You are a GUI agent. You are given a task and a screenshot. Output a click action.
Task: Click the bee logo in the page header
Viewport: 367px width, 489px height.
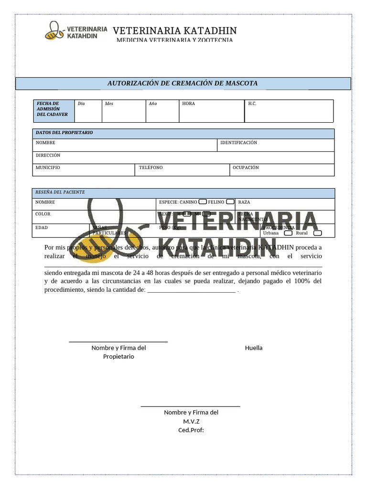tap(54, 31)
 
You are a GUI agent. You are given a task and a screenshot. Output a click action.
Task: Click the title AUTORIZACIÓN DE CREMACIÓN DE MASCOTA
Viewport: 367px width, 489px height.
tap(183, 84)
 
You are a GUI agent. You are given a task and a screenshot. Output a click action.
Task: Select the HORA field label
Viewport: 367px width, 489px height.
tap(188, 104)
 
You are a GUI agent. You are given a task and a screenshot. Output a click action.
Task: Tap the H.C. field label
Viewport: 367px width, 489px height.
tap(252, 104)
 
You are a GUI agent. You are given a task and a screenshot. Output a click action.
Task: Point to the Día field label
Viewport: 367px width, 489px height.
tap(81, 104)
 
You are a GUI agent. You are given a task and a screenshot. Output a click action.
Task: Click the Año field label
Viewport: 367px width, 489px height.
tap(153, 104)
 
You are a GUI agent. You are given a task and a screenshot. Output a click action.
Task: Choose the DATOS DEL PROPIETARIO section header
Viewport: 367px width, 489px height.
tap(65, 133)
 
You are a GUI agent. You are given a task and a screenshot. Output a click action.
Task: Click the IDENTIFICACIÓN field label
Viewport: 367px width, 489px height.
tap(238, 143)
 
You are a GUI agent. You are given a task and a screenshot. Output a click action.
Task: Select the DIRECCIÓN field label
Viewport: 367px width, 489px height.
tap(48, 156)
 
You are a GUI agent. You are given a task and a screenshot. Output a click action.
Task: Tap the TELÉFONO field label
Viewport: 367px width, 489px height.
tap(151, 168)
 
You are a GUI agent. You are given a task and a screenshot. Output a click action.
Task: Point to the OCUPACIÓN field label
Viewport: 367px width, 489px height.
tap(246, 168)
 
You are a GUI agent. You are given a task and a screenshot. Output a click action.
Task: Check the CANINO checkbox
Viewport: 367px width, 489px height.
tap(203, 202)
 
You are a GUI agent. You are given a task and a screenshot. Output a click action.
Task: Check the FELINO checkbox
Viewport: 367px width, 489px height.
tap(230, 202)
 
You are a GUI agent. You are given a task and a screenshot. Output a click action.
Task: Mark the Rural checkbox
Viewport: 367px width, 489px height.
tap(317, 233)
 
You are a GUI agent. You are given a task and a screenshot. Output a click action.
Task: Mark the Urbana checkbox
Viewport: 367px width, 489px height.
tap(288, 233)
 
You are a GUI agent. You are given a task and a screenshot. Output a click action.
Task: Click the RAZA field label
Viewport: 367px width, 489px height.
tap(244, 202)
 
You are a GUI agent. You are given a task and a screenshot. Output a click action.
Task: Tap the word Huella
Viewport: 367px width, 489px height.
tap(254, 348)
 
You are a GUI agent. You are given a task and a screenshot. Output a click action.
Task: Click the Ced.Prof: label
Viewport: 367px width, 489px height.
tap(191, 430)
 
